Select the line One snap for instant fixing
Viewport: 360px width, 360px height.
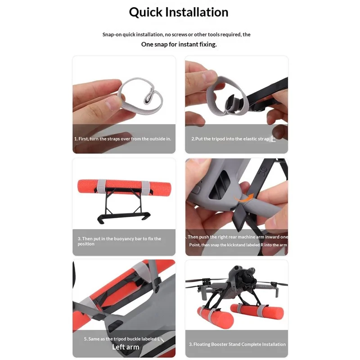pyautogui.click(x=179, y=44)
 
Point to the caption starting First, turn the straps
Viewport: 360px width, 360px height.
pyautogui.click(x=123, y=139)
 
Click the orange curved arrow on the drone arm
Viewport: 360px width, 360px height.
pyautogui.click(x=246, y=197)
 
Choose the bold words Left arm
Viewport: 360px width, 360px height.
pyautogui.click(x=126, y=347)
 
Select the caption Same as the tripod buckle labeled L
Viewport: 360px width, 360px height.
pyautogui.click(x=120, y=338)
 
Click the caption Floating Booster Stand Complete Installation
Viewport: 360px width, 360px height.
pyautogui.click(x=237, y=344)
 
